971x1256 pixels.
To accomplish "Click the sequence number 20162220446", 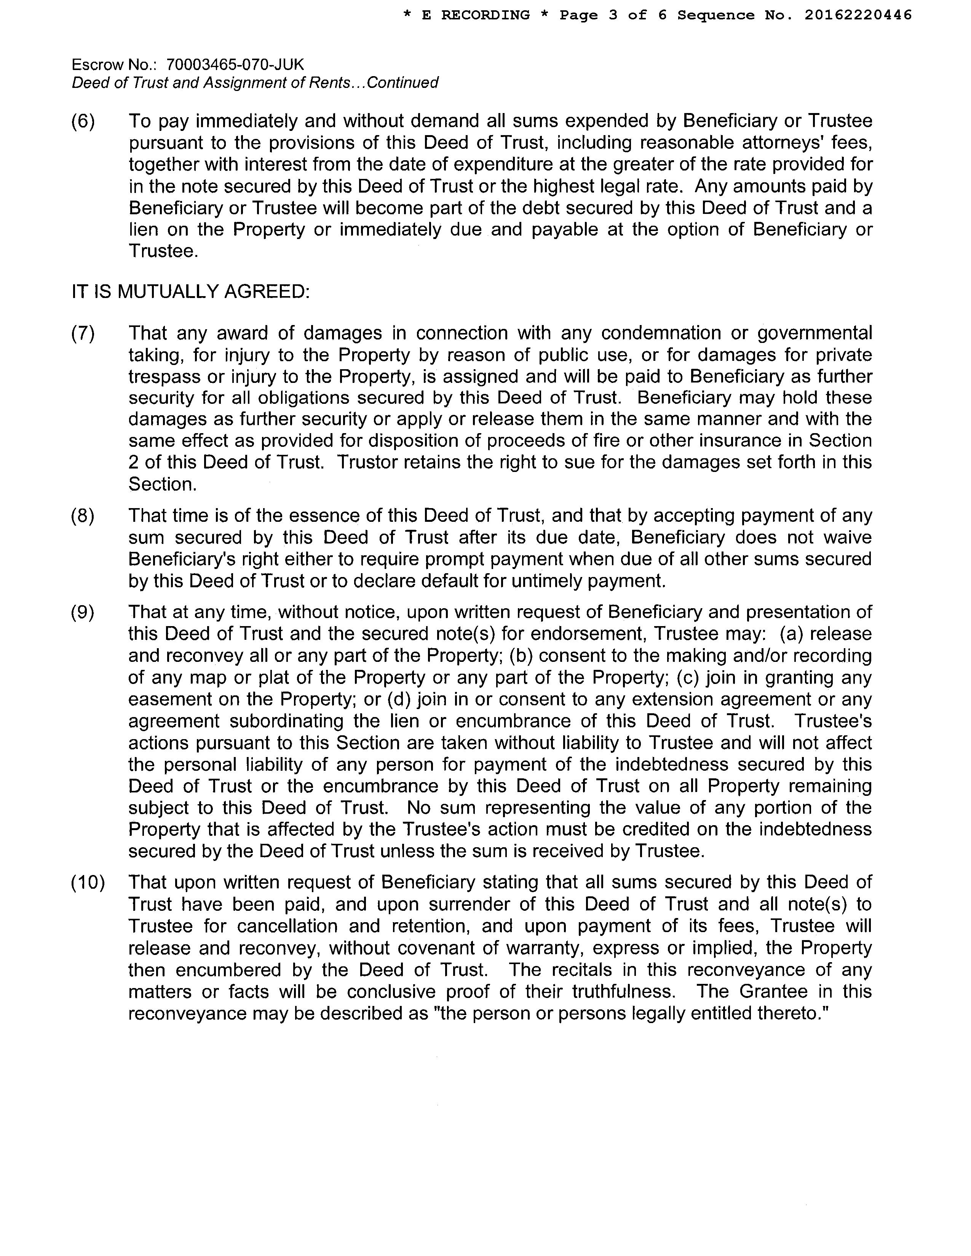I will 858,16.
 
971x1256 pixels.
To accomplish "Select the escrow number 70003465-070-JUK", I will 235,64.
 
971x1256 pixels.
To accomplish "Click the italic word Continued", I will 402,83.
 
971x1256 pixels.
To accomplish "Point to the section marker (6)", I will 83,121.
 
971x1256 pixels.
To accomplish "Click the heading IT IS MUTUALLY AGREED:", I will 190,292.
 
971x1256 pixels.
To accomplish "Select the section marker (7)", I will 83,333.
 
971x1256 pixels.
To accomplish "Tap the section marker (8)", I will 83,515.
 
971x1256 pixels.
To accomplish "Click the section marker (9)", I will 83,612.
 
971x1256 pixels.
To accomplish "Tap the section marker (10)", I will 88,882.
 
